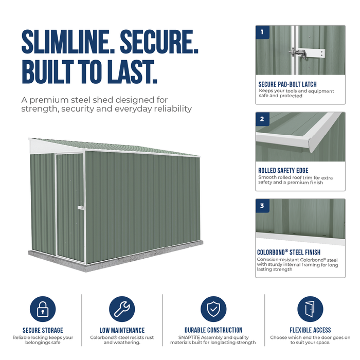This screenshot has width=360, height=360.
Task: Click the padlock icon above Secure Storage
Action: tap(43, 309)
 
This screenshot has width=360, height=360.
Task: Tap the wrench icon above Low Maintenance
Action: tap(122, 309)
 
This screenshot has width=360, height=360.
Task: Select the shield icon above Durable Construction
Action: tap(213, 309)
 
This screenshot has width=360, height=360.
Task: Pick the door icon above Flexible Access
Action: tap(310, 309)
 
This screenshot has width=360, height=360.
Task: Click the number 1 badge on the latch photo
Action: tap(262, 32)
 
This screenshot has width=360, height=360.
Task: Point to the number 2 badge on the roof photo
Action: tap(262, 119)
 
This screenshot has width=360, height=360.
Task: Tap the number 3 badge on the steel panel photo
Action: tap(262, 206)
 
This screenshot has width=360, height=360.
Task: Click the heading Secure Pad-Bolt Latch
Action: tap(287, 84)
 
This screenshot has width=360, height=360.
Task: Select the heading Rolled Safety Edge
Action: tap(283, 170)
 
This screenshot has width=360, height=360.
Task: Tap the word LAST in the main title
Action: tap(132, 71)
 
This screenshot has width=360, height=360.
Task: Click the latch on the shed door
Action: tap(81, 208)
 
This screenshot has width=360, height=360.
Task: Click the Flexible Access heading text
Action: tap(310, 330)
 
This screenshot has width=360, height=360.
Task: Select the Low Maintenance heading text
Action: tap(122, 330)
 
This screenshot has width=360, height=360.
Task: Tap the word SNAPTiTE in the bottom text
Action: tap(189, 337)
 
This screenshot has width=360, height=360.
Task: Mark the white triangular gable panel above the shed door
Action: tap(55, 147)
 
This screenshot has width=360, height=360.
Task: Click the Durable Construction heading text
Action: tap(213, 330)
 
